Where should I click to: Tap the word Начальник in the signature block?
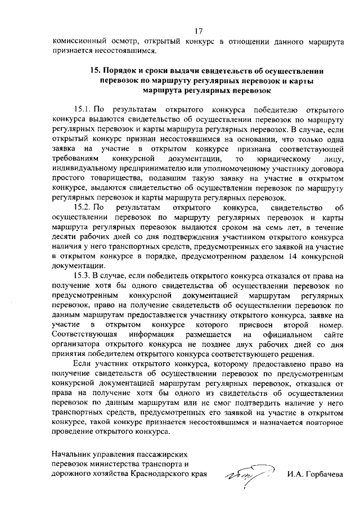71,453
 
